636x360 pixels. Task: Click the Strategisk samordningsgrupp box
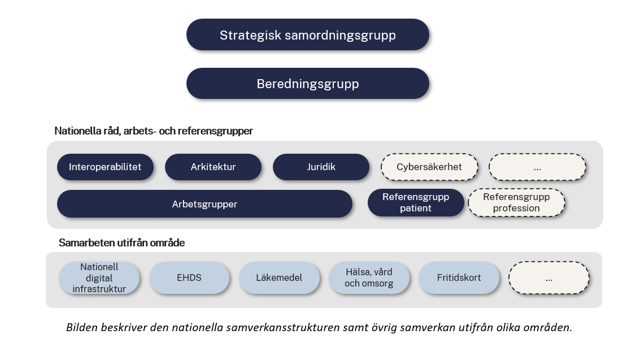[x=307, y=35]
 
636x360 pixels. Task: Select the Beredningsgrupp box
[x=307, y=84]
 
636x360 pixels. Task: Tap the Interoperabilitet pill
[x=105, y=167]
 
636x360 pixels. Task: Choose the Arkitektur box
[x=213, y=167]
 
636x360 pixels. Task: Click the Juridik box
[x=321, y=167]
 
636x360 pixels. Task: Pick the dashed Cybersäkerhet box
[x=429, y=167]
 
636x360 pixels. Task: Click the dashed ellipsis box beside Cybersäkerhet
[x=537, y=167]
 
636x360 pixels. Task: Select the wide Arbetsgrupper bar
[x=204, y=204]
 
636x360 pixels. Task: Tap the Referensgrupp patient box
[x=416, y=202]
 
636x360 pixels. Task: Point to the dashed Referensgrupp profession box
[x=516, y=202]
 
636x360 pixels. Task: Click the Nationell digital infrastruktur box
[x=99, y=278]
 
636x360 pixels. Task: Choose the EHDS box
[x=189, y=278]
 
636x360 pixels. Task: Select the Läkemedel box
[x=279, y=278]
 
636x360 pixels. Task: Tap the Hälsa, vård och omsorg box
[x=369, y=278]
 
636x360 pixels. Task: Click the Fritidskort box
[x=459, y=278]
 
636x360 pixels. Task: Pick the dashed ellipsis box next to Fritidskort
[x=548, y=278]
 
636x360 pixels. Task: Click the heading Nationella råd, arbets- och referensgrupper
[x=154, y=131]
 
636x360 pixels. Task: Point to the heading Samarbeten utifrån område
[x=121, y=243]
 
